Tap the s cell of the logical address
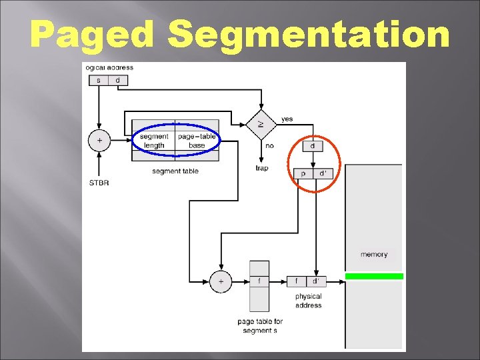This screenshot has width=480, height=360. [x=99, y=81]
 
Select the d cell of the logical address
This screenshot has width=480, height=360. [x=118, y=81]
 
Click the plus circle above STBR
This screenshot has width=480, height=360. [x=99, y=141]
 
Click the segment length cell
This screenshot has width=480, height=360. [x=154, y=141]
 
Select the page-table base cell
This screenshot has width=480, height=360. [x=197, y=141]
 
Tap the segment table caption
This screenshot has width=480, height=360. [x=175, y=171]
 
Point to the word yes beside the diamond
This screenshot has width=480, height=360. [x=287, y=119]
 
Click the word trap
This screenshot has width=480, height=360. [x=262, y=168]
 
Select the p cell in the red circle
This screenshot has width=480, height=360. [x=303, y=173]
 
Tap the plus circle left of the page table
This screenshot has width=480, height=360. [x=221, y=281]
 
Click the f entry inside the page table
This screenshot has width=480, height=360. [x=259, y=281]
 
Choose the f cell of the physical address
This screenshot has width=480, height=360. [x=297, y=281]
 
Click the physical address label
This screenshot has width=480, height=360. [x=308, y=301]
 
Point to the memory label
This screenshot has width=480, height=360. [x=374, y=255]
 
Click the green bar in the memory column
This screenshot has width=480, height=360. [x=374, y=276]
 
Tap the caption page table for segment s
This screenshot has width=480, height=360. [x=260, y=326]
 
